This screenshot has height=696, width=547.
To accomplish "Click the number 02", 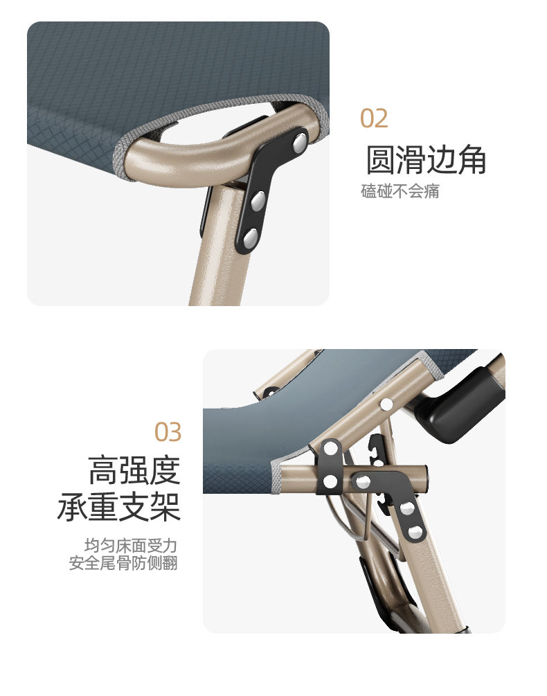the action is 373,118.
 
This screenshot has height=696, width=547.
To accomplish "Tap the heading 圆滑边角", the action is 426,159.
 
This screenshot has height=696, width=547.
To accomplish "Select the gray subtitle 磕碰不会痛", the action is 400,191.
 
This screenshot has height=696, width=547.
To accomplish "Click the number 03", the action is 168,432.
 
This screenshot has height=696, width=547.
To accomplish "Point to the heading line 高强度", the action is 134,470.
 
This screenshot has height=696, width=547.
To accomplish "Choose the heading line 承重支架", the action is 119,506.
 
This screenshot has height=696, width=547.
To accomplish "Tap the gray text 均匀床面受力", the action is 131,546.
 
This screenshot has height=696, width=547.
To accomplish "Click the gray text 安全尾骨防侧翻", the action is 123,563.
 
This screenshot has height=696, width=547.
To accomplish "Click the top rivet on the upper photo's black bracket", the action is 301,142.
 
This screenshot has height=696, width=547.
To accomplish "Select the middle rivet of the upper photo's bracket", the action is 258,201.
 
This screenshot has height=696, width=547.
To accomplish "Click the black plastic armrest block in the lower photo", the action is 459,405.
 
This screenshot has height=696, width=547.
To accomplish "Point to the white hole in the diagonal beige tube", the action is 386,404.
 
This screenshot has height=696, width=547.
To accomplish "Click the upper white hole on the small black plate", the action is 330,449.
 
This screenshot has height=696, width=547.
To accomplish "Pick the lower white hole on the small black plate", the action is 330,481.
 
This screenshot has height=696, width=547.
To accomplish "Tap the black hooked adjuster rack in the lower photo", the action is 377,470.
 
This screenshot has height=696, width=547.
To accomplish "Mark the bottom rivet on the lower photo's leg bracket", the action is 415,532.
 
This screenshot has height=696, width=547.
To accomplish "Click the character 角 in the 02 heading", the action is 472,159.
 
